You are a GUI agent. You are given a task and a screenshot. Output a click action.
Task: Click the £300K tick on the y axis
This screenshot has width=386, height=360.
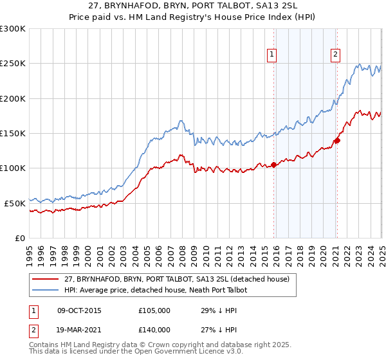13,29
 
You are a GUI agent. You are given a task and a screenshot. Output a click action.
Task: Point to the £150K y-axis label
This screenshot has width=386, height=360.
13,133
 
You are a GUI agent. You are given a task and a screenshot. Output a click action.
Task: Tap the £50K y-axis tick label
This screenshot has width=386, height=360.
15,203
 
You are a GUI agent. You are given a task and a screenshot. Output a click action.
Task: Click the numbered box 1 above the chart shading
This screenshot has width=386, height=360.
273,55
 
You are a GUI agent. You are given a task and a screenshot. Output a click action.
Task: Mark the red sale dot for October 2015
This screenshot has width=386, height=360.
274,165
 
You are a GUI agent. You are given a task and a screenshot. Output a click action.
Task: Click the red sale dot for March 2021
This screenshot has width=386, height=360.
337,140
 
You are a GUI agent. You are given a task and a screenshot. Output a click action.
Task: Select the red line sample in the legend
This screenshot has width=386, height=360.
45,279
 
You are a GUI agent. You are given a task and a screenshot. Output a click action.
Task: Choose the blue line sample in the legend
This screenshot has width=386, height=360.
45,290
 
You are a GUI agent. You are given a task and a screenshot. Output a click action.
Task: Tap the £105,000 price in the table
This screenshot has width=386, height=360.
154,310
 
